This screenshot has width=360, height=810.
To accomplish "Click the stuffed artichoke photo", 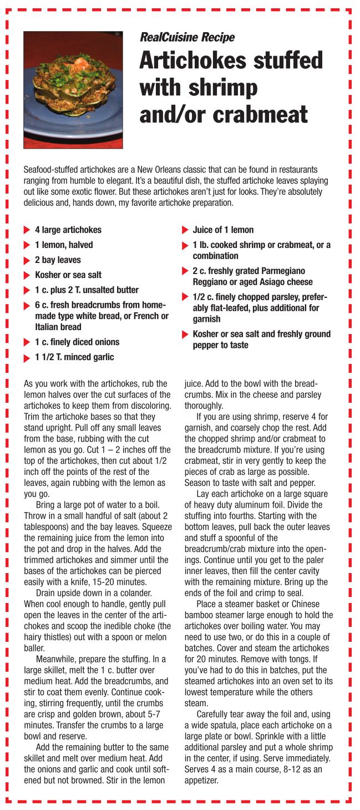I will pyautogui.click(x=73, y=89).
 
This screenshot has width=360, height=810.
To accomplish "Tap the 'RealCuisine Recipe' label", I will pyautogui.click(x=187, y=38).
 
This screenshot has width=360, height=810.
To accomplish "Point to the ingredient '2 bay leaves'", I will pyautogui.click(x=58, y=260).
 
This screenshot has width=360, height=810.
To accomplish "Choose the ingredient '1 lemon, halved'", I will pyautogui.click(x=64, y=245).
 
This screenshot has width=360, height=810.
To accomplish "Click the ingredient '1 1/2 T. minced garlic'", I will pyautogui.click(x=74, y=357).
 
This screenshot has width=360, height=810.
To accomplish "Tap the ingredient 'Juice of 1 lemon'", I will pyautogui.click(x=223, y=230).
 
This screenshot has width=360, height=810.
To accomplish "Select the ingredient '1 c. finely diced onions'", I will pyautogui.click(x=77, y=342).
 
